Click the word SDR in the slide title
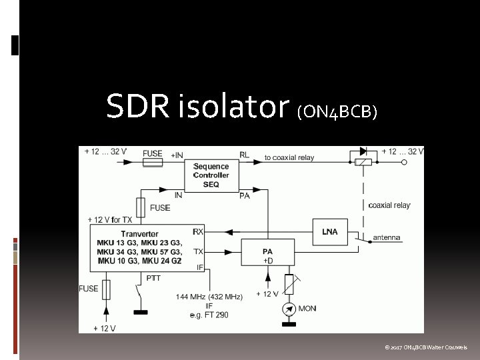pyautogui.click(x=137, y=106)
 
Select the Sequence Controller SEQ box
pyautogui.click(x=211, y=175)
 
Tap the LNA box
pyautogui.click(x=329, y=231)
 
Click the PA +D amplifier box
pyautogui.click(x=267, y=254)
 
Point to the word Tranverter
pyautogui.click(x=140, y=234)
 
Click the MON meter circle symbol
pyautogui.click(x=289, y=309)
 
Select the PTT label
pyautogui.click(x=153, y=277)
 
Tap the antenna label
pyautogui.click(x=387, y=237)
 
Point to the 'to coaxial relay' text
pyautogui.click(x=289, y=157)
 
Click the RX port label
pyautogui.click(x=198, y=231)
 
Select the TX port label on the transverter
pyautogui.click(x=198, y=251)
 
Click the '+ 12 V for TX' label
pyautogui.click(x=110, y=219)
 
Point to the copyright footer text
pyautogui.click(x=426, y=347)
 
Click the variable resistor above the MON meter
pyautogui.click(x=289, y=283)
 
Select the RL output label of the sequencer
pyautogui.click(x=244, y=155)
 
